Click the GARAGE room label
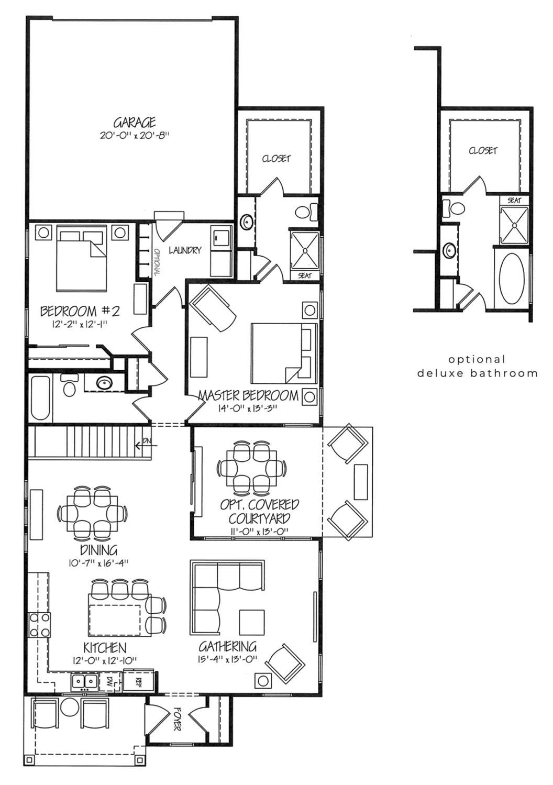click(135, 123)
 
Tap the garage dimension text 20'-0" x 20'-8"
click(135, 135)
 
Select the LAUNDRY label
click(185, 250)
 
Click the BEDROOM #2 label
click(81, 311)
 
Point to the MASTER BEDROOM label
click(248, 395)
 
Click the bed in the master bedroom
click(283, 352)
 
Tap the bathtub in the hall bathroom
click(41, 397)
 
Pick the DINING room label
click(98, 550)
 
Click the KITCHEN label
click(105, 648)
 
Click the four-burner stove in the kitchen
click(40, 625)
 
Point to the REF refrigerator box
click(138, 681)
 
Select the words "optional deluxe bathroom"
click(477, 366)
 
